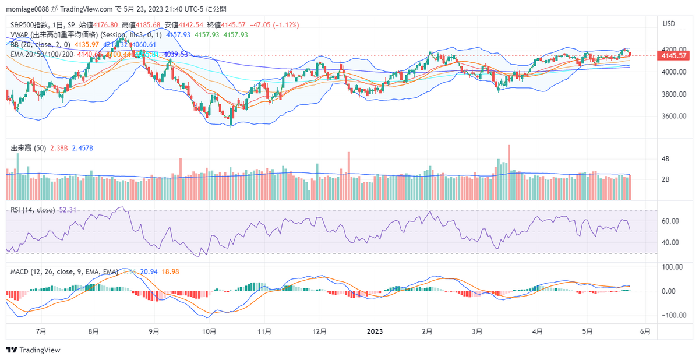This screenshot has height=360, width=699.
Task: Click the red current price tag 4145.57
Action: pyautogui.click(x=672, y=55)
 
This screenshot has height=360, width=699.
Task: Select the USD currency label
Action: pyautogui.click(x=669, y=24)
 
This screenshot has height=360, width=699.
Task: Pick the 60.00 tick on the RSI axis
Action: pyautogui.click(x=669, y=221)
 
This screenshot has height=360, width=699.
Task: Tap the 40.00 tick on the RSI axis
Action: pyautogui.click(x=669, y=243)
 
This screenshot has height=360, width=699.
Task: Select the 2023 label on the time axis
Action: pyautogui.click(x=375, y=331)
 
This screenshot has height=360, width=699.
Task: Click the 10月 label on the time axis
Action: pyautogui.click(x=210, y=331)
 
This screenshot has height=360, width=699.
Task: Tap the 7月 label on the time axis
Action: pyautogui.click(x=41, y=331)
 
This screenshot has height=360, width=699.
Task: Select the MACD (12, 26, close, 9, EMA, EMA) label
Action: pyautogui.click(x=64, y=272)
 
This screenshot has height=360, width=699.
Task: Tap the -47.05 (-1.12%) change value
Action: pyautogui.click(x=274, y=25)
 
